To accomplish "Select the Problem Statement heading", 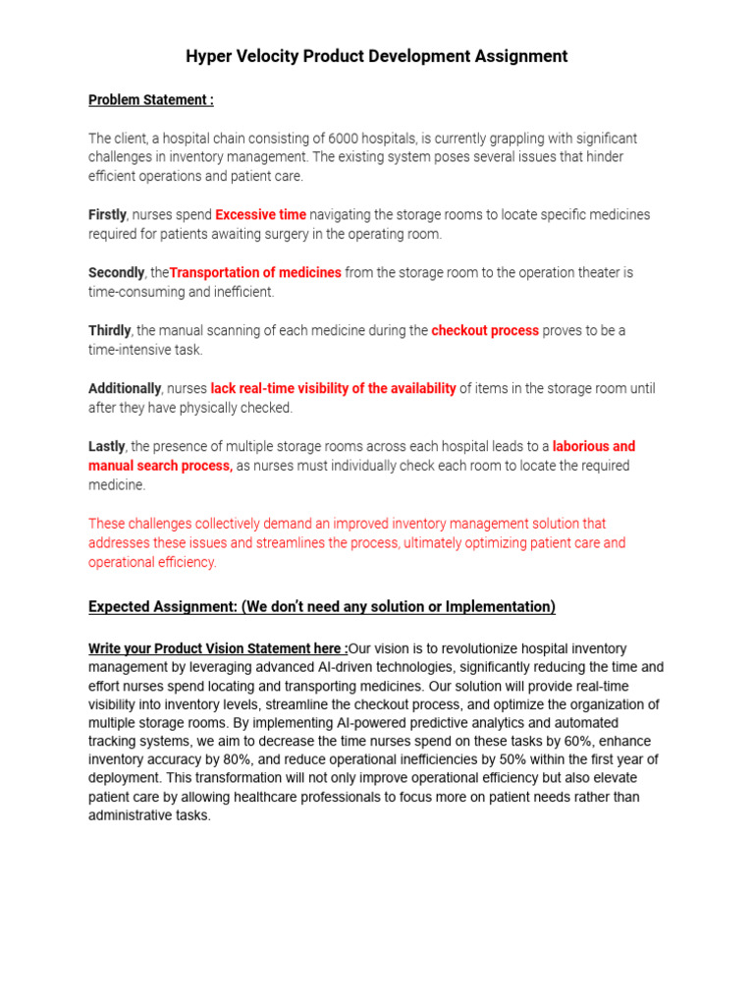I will click(x=150, y=100).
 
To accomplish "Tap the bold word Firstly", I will click(x=107, y=215).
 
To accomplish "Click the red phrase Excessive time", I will click(x=260, y=215).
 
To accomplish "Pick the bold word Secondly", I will click(x=116, y=273).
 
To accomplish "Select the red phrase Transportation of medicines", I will click(x=256, y=273).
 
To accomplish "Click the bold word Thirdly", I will click(x=110, y=331).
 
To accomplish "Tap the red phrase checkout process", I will click(x=485, y=331).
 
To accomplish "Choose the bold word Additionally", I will click(x=125, y=389).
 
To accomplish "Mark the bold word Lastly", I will click(x=107, y=447).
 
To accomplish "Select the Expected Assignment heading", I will click(x=321, y=607).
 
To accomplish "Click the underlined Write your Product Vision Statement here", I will click(x=218, y=649).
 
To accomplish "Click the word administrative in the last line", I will click(x=129, y=815).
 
